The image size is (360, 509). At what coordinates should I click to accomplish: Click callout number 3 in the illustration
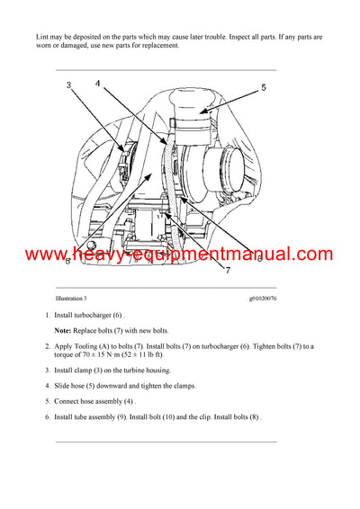[x=67, y=85]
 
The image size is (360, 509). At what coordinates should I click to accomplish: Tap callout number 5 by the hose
[x=264, y=87]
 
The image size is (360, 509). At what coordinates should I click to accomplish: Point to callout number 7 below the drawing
[x=203, y=269]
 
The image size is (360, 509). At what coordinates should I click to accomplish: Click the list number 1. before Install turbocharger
[x=47, y=316]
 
